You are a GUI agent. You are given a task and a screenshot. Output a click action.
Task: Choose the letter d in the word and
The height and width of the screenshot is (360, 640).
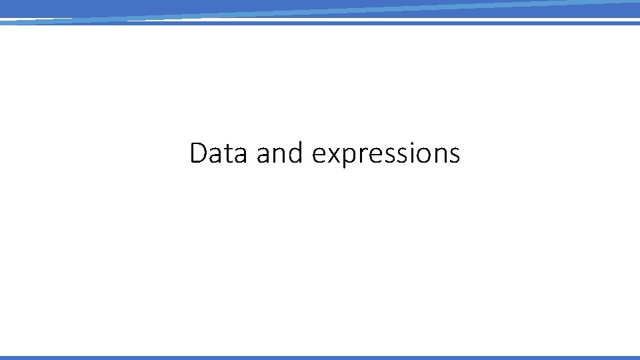click(x=297, y=153)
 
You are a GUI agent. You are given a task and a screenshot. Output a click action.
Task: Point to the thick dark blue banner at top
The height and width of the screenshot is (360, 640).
click(x=320, y=7)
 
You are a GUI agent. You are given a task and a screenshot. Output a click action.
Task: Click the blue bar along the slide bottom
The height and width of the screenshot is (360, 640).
click(x=320, y=357)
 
